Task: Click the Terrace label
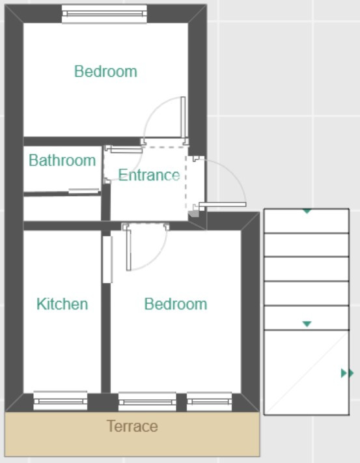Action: click(x=132, y=426)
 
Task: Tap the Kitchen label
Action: click(x=62, y=304)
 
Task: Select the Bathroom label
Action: click(x=62, y=160)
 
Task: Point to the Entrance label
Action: click(x=149, y=175)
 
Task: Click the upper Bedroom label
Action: click(x=105, y=72)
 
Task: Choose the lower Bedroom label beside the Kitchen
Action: click(x=176, y=304)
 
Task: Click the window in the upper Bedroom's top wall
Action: click(x=104, y=14)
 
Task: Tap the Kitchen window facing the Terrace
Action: click(x=60, y=400)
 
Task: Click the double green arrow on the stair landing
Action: click(x=348, y=373)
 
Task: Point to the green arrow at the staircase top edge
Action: click(x=307, y=211)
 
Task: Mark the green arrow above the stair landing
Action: click(x=307, y=324)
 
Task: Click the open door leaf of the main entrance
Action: click(x=223, y=204)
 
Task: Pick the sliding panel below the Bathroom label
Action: click(x=84, y=191)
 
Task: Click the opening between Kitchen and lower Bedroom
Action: click(x=107, y=260)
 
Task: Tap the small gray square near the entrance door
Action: click(x=193, y=214)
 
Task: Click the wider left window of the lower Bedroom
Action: click(x=147, y=402)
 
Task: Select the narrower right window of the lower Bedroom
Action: click(x=209, y=402)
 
